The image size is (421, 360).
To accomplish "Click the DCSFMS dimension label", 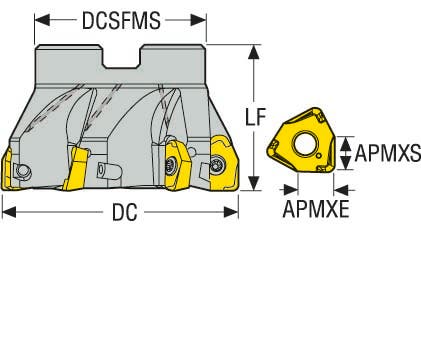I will (x=121, y=19).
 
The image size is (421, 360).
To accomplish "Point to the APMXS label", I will (x=388, y=153).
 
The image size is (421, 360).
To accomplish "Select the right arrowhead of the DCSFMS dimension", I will (x=202, y=19).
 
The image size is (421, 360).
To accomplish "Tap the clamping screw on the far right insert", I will (x=219, y=163).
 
